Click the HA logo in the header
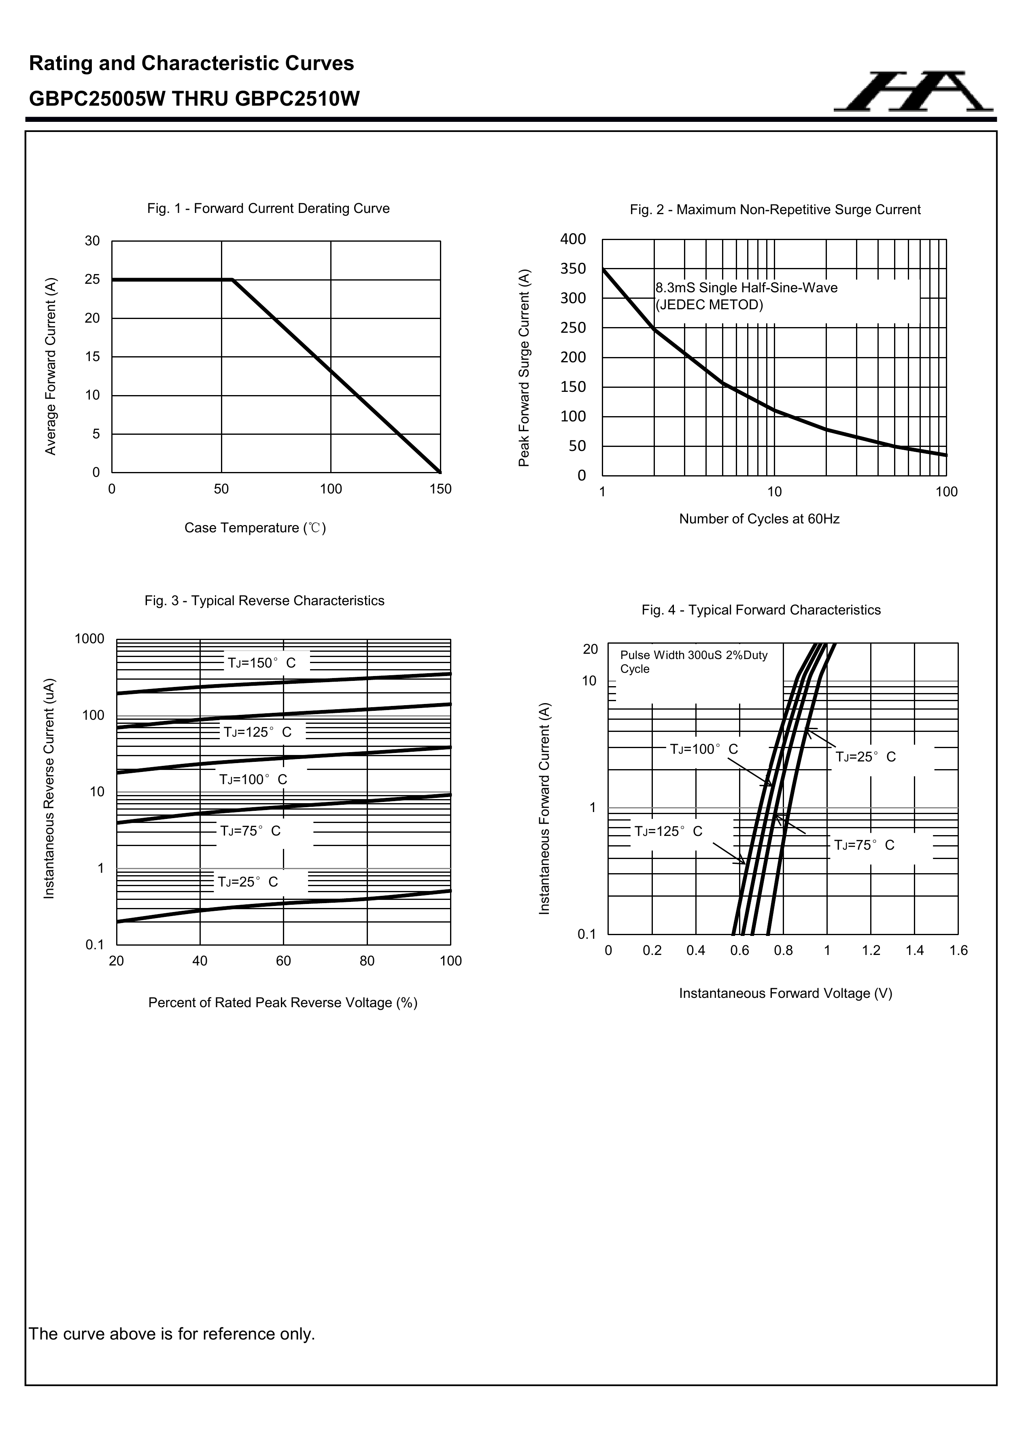[x=913, y=92]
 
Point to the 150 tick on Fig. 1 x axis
[x=440, y=489]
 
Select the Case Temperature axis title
[x=255, y=528]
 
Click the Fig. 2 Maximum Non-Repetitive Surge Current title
[x=775, y=210]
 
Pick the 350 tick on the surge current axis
[x=573, y=269]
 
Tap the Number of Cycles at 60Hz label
[x=759, y=519]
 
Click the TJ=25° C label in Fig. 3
[x=248, y=882]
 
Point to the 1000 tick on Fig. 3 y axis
[x=89, y=639]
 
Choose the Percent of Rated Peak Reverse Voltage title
[x=283, y=1003]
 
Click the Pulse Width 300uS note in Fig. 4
[x=694, y=661]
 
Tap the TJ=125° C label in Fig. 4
[x=668, y=831]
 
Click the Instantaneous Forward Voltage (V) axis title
[x=786, y=993]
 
